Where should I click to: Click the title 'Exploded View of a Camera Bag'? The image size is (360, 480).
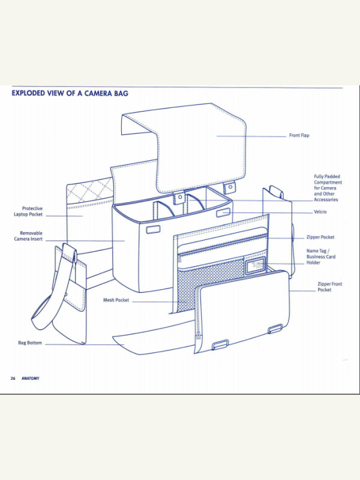70,94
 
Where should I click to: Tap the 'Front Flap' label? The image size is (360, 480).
299,136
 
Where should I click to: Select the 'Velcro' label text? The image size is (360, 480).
320,212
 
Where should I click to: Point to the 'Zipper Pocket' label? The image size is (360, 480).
320,238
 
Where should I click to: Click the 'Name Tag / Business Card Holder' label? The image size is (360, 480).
321,257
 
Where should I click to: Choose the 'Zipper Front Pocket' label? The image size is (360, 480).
329,287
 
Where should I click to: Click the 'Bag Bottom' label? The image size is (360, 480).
30,343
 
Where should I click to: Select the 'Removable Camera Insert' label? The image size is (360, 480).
31,236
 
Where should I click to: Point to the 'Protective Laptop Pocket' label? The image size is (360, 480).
28,211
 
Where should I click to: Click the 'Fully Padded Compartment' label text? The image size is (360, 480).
328,188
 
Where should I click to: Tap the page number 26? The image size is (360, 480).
13,379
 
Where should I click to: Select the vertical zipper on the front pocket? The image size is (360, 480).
199,324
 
